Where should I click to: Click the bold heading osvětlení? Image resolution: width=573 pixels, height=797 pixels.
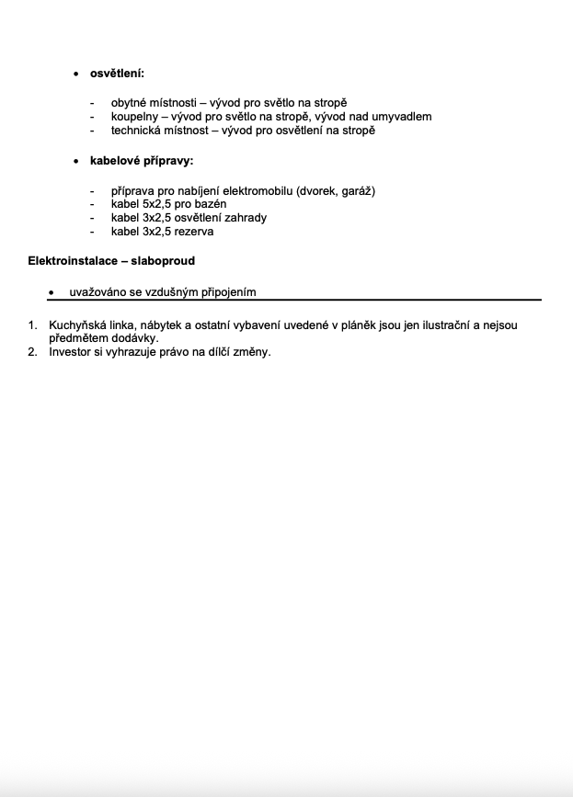(x=117, y=73)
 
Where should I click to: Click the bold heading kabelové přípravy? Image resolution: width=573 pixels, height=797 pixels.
(x=141, y=161)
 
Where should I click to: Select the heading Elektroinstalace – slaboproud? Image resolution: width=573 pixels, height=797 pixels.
(x=111, y=261)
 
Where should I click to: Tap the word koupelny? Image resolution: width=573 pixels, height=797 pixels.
(x=134, y=117)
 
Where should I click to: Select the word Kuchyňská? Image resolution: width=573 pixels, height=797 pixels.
(x=80, y=325)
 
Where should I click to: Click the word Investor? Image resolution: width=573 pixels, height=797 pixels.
(x=71, y=352)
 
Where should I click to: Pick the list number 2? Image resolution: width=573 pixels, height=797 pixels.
(x=32, y=352)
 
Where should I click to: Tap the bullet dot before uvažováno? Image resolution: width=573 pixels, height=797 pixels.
(x=52, y=293)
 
